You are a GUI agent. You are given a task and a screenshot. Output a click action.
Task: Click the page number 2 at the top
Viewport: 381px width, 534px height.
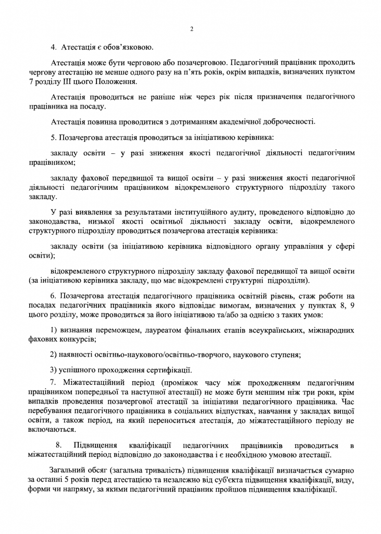point(191,29)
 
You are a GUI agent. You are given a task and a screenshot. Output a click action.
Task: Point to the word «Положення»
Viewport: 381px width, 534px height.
point(117,82)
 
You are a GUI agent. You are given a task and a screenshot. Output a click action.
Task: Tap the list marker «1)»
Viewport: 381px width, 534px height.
point(55,330)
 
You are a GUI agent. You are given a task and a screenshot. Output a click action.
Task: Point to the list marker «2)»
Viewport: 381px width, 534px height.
point(55,355)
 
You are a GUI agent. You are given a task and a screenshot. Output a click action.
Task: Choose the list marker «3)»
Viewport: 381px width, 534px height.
point(55,371)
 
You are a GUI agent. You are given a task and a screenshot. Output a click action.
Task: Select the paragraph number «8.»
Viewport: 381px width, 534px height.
point(59,445)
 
